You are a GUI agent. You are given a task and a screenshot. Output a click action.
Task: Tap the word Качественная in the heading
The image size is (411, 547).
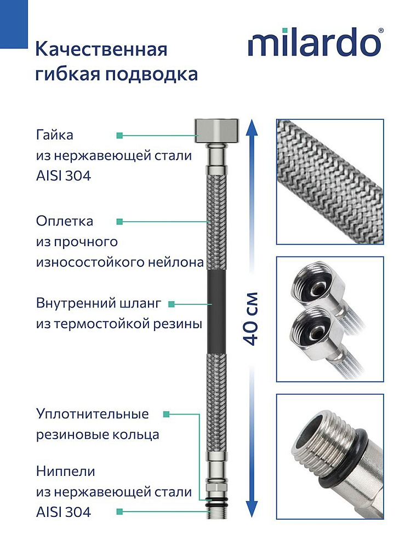click(x=101, y=49)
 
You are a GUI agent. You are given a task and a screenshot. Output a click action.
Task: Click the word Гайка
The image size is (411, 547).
click(x=54, y=135)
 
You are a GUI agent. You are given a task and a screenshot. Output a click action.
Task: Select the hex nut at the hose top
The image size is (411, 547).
click(x=217, y=130)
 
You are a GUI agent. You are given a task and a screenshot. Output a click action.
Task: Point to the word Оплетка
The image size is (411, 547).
click(x=64, y=221)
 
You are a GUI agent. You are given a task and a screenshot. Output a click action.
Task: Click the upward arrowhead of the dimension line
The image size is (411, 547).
click(x=252, y=127)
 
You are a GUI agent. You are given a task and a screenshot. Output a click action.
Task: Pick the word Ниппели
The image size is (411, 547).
click(x=65, y=472)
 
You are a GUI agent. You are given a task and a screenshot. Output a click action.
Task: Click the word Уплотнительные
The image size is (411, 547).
click(x=92, y=414)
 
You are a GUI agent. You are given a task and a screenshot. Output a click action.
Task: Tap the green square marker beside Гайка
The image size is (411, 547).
click(x=119, y=135)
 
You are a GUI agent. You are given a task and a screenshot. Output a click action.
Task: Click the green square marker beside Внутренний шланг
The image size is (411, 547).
click(x=171, y=304)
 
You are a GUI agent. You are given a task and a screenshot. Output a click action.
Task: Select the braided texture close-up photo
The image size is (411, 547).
click(x=330, y=182)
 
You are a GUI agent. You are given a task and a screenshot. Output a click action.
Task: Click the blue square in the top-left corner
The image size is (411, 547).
click(x=14, y=24)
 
